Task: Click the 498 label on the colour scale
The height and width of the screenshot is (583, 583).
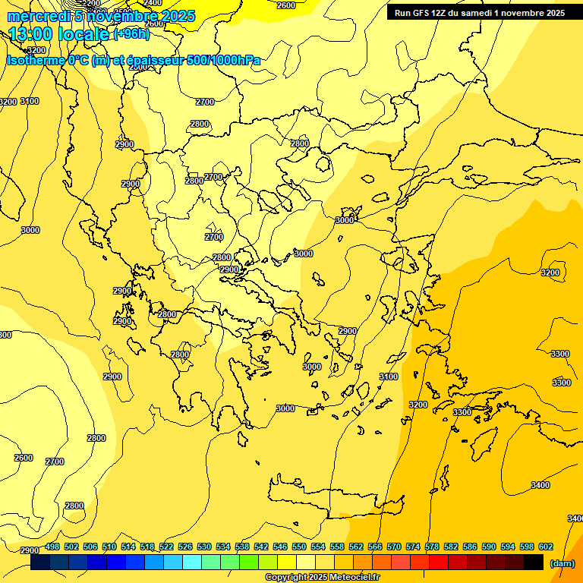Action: point(52,547)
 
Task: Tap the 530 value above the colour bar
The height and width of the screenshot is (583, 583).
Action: point(204,547)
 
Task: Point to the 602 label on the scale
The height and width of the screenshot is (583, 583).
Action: point(546,547)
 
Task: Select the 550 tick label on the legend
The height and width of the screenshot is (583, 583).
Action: point(299,547)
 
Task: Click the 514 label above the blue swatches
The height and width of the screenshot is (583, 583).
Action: point(128,547)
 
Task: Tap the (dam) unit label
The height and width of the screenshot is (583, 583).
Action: point(563,563)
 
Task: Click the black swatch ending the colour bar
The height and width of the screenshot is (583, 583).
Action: point(534,563)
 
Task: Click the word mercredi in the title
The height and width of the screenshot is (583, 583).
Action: point(41,16)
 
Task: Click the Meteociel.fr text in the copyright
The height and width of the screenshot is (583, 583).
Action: point(350,578)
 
